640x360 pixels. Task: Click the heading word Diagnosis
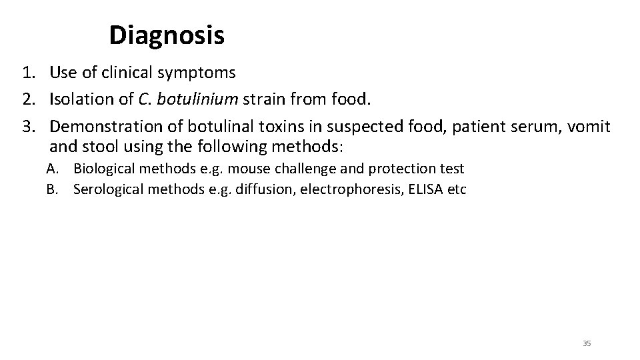167,35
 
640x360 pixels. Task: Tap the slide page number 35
587,343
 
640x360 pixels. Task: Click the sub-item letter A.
51,169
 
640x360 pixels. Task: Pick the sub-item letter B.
51,189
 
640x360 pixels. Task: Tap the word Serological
110,189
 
